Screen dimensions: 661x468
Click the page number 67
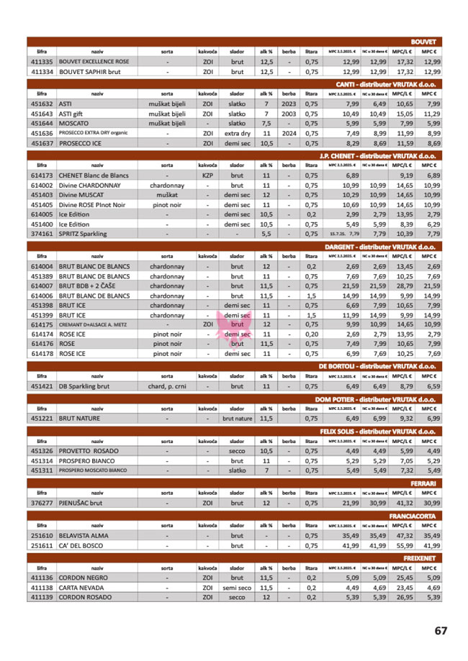441,630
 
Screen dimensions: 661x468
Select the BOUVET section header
425,42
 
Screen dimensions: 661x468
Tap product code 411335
42,62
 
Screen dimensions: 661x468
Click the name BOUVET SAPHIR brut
89,72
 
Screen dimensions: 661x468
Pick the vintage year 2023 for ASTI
289,104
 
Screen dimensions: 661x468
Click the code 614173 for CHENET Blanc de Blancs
42,175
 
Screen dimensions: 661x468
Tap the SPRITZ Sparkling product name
82,234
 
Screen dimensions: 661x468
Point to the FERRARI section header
424,483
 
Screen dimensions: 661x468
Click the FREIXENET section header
419,557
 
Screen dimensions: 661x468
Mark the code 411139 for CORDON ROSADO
42,597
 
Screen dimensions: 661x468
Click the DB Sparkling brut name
84,386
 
